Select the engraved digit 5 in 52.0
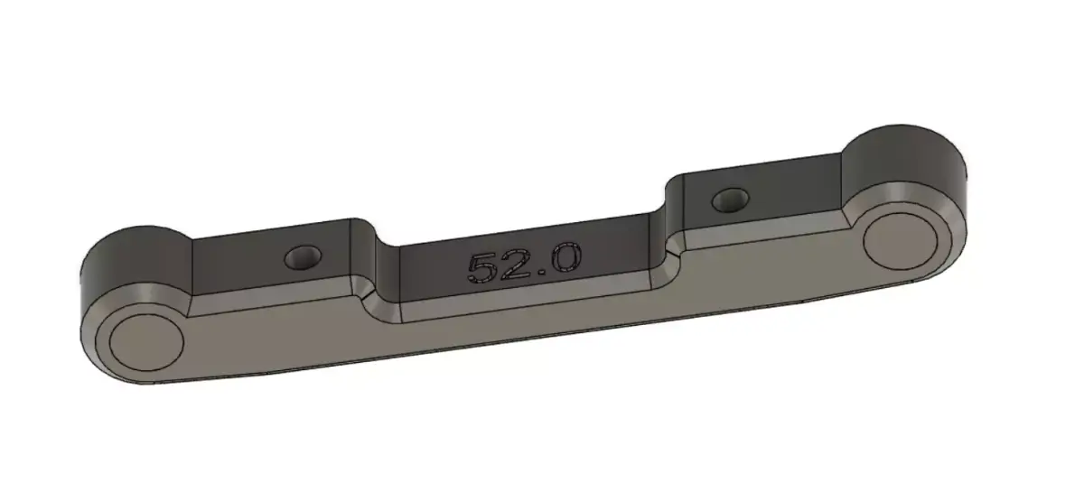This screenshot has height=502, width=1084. (x=481, y=268)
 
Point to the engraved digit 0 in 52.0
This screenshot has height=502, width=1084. (x=564, y=259)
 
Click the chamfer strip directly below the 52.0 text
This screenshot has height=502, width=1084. (x=524, y=297)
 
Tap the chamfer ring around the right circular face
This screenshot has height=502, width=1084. (x=948, y=226)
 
